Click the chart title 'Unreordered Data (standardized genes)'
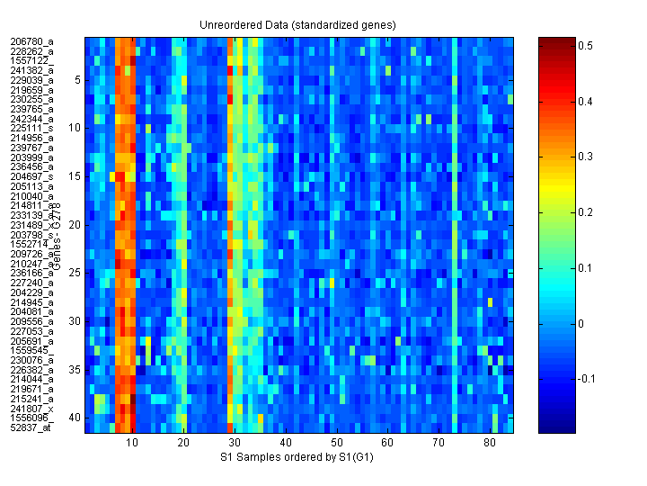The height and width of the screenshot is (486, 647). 299,24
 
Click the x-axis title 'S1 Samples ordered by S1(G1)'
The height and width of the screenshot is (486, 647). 298,458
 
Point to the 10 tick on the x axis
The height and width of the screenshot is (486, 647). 132,444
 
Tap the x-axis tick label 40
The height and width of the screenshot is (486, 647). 286,444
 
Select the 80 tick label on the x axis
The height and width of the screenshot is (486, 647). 490,444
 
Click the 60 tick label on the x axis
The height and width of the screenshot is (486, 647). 387,444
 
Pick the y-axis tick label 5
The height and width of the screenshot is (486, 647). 78,80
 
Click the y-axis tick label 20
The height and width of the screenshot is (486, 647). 75,224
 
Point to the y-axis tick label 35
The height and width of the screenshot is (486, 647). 75,369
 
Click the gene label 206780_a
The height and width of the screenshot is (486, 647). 31,41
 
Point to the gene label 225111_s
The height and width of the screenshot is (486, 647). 31,128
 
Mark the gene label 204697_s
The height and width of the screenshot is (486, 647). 31,176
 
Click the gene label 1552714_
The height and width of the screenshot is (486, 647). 31,244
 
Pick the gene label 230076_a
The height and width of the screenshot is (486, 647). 31,360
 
